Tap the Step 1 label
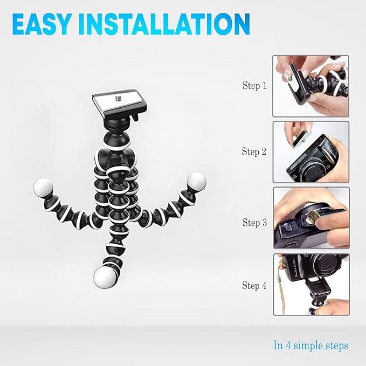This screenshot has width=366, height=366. (x=254, y=86)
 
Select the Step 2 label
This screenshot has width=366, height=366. (x=254, y=152)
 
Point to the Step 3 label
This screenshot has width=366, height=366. (x=254, y=222)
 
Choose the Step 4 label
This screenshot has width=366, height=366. (x=254, y=286)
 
